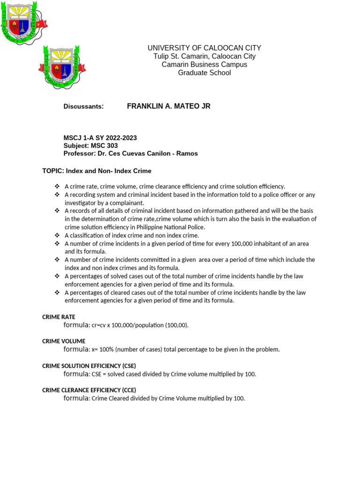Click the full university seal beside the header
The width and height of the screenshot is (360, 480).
(61, 67)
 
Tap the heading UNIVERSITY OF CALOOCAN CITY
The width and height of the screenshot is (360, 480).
(204, 48)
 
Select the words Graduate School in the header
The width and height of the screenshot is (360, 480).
(204, 73)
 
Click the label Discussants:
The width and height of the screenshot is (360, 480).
(83, 107)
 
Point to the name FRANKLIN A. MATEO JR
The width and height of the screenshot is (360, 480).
(169, 106)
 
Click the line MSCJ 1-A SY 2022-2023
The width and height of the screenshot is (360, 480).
(100, 138)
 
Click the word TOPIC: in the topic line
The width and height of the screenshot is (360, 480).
(52, 171)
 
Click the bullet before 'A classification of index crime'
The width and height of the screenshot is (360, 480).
(57, 235)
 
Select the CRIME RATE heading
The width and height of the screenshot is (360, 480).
(59, 317)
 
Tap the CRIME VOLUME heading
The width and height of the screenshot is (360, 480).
(64, 341)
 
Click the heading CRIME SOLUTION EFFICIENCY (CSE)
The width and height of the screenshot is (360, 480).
(89, 366)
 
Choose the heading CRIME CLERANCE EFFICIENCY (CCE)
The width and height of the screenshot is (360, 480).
(89, 390)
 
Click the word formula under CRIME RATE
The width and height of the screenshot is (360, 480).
(76, 325)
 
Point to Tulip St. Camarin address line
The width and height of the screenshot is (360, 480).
(204, 56)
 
